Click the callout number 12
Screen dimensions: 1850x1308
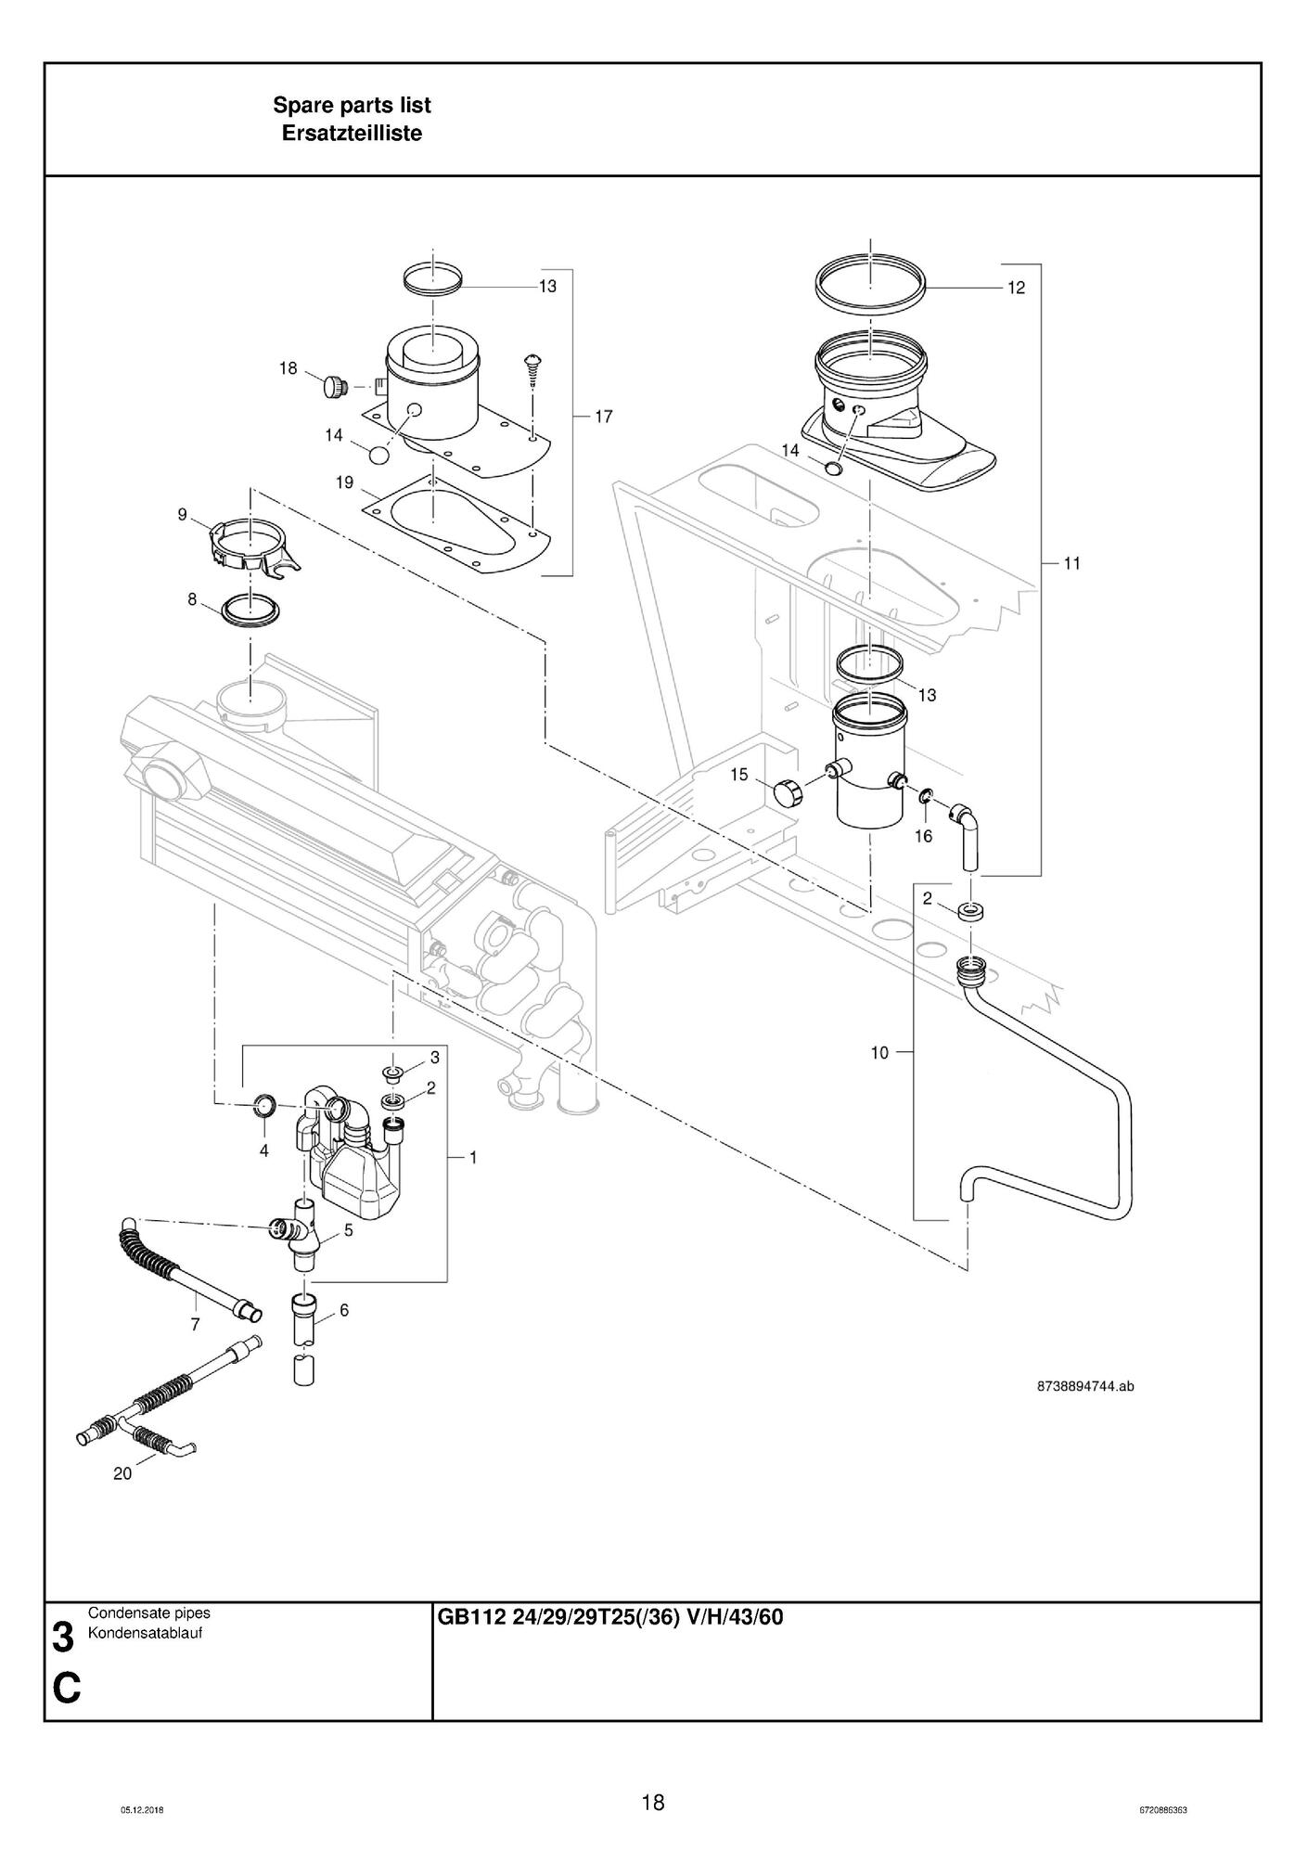tap(1016, 288)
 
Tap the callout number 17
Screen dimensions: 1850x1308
tap(603, 417)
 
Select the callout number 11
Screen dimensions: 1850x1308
tap(1071, 563)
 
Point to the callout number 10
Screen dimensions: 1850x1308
tap(879, 1052)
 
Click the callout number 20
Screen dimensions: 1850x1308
tap(122, 1473)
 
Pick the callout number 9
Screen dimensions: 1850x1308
tap(182, 515)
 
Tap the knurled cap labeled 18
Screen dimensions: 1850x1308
tap(334, 385)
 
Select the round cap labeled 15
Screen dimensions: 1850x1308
tap(787, 793)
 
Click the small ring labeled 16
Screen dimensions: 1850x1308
tap(926, 796)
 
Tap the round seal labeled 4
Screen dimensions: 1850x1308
tap(266, 1104)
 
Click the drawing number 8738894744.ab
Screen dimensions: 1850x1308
tap(1084, 1387)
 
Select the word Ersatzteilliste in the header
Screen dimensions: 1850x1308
tap(352, 134)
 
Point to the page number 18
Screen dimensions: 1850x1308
tap(653, 1803)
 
